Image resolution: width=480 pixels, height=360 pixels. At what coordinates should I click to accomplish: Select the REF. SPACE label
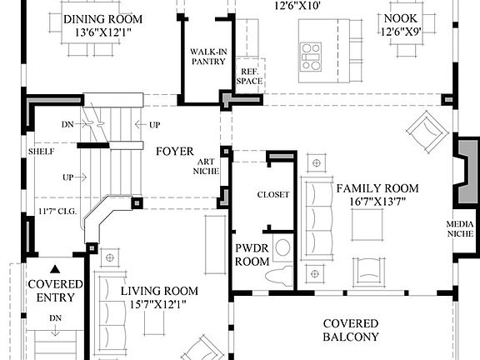pyautogui.click(x=249, y=76)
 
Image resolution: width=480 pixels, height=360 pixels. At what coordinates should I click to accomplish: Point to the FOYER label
pyautogui.click(x=175, y=152)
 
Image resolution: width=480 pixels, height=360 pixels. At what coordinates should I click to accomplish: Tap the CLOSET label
pyautogui.click(x=273, y=194)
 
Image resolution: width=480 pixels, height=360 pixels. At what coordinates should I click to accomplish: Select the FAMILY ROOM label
pyautogui.click(x=377, y=187)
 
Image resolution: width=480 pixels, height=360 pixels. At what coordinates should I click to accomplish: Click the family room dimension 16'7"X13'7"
pyautogui.click(x=377, y=202)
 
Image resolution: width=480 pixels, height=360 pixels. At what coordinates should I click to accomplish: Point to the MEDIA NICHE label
pyautogui.click(x=460, y=230)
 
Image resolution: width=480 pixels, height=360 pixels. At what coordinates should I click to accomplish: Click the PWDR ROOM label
pyautogui.click(x=252, y=254)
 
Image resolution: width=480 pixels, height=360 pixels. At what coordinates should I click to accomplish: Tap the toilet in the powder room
pyautogui.click(x=283, y=250)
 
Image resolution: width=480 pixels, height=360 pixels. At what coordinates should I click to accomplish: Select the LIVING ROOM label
pyautogui.click(x=159, y=291)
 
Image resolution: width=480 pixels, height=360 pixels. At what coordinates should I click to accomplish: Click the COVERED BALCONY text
pyautogui.click(x=351, y=330)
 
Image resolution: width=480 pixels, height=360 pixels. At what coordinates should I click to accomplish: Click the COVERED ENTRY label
pyautogui.click(x=55, y=292)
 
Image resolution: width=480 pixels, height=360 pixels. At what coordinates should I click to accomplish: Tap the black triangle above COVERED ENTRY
pyautogui.click(x=55, y=269)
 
